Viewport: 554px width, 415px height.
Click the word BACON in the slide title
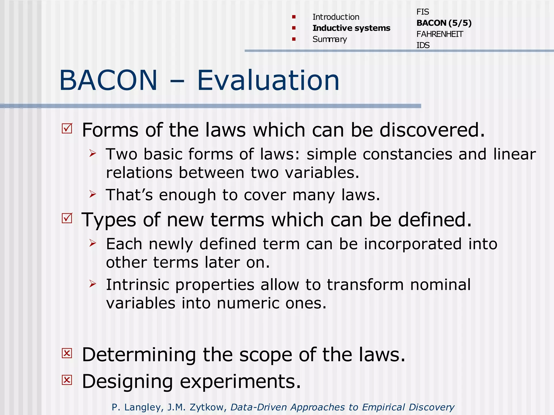click(108, 80)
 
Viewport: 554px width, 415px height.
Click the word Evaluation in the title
click(268, 80)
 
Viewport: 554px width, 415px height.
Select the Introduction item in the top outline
click(336, 17)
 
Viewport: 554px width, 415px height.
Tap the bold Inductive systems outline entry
click(351, 28)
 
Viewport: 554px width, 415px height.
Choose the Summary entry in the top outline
click(329, 39)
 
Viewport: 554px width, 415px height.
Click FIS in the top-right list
click(423, 12)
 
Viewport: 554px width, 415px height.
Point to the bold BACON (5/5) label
click(444, 23)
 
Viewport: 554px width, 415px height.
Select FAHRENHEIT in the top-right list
click(440, 34)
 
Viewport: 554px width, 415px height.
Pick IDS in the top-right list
click(423, 45)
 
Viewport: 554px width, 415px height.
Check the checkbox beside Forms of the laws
click(67, 128)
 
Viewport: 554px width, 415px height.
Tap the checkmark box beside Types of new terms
click(67, 218)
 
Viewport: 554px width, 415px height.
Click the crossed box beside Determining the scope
click(67, 353)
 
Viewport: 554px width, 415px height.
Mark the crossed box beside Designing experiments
click(67, 380)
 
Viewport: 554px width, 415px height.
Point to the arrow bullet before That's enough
click(93, 194)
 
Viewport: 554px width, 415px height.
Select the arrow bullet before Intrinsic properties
click(93, 284)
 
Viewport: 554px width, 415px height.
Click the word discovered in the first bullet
click(432, 130)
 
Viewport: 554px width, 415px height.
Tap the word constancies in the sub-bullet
click(407, 154)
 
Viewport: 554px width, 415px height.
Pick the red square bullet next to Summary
click(294, 39)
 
